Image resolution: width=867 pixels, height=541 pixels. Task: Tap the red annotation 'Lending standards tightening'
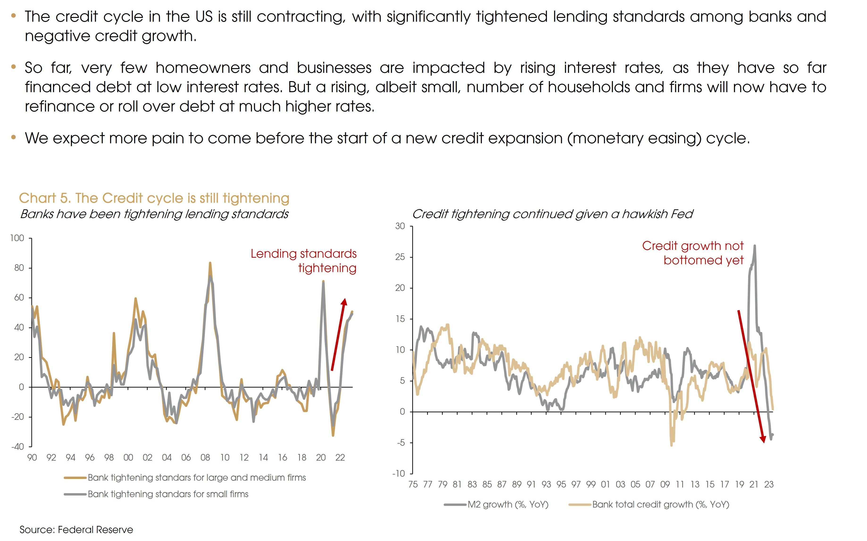(304, 260)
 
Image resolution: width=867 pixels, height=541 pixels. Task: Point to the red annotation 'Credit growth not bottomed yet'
(693, 253)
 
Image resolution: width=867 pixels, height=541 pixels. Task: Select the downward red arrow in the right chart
(751, 376)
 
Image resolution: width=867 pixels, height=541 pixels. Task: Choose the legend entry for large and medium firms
(196, 478)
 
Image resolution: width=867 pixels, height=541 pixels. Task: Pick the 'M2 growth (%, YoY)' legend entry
(508, 504)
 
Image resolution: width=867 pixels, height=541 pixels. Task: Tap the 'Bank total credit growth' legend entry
(660, 504)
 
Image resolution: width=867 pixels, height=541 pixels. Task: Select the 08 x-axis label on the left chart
(205, 458)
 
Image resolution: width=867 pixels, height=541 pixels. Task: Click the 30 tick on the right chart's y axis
(400, 226)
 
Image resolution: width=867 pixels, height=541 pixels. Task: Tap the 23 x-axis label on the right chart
(769, 484)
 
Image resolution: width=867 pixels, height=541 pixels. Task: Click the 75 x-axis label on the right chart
(413, 484)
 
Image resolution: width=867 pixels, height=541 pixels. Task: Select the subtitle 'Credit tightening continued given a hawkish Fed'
(552, 214)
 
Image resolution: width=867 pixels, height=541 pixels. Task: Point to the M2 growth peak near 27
(754, 246)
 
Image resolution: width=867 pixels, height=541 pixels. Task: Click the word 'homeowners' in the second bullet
(203, 68)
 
